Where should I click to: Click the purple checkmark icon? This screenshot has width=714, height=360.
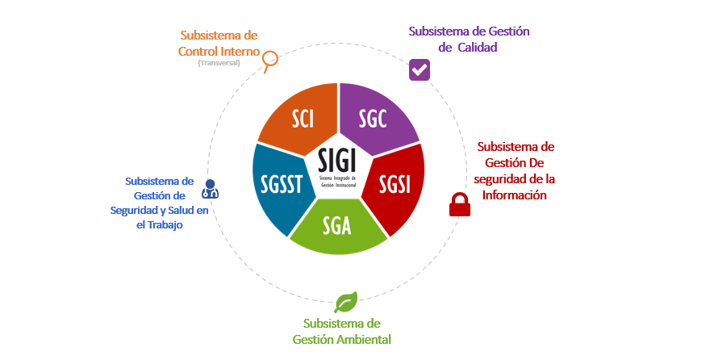[419, 69]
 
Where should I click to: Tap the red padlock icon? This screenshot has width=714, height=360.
[459, 204]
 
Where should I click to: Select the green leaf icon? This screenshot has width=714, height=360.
[346, 302]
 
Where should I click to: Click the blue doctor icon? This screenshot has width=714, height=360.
[211, 188]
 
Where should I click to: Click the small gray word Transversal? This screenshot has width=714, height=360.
[219, 63]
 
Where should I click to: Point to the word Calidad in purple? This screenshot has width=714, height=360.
[477, 47]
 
